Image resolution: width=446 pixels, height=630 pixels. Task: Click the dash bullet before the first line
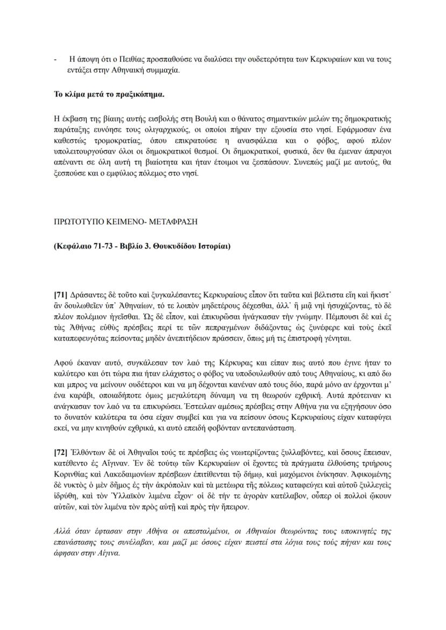(55, 59)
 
